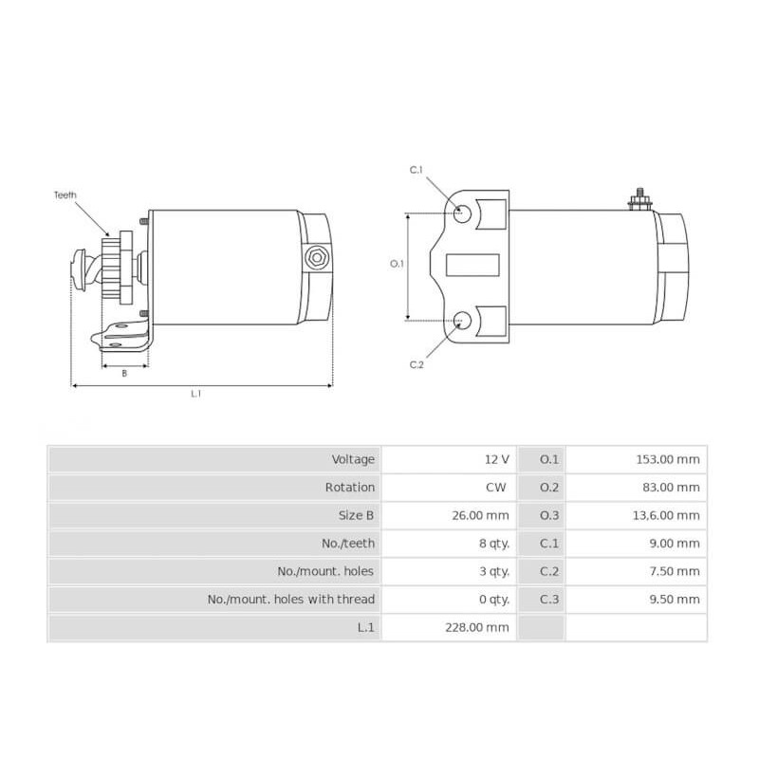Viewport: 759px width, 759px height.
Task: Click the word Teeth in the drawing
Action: (x=65, y=194)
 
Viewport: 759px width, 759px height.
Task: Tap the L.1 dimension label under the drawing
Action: (x=196, y=394)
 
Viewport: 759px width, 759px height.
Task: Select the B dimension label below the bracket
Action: (x=124, y=373)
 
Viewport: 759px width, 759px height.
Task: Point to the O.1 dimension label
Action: (x=398, y=264)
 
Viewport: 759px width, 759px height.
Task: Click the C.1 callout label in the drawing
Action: (x=416, y=170)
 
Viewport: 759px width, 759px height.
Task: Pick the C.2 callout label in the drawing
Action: (x=416, y=365)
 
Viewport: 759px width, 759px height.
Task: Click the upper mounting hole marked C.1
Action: (x=462, y=213)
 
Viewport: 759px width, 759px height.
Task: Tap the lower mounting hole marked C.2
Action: (x=462, y=321)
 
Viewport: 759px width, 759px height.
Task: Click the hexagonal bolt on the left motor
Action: (x=316, y=256)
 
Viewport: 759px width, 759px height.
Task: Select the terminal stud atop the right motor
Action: (x=638, y=198)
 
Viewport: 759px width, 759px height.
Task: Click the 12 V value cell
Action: (x=497, y=459)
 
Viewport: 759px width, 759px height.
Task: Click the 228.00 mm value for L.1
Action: (x=477, y=627)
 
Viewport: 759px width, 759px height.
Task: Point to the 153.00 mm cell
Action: (x=668, y=459)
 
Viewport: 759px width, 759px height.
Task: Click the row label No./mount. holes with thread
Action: (x=291, y=600)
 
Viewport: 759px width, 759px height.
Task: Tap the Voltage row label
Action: (x=353, y=459)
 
